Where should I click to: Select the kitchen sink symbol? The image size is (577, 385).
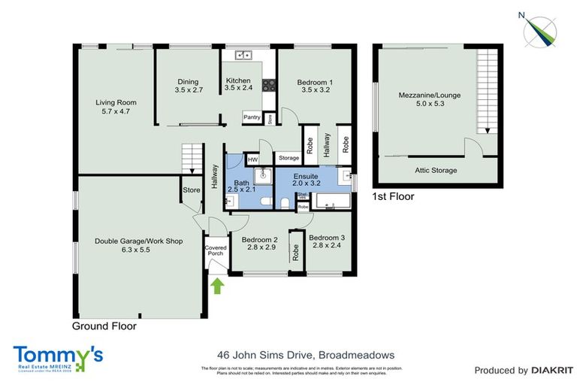243,55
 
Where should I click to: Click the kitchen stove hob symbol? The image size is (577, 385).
267,86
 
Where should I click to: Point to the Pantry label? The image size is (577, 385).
252,117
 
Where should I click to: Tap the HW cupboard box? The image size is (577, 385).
252,159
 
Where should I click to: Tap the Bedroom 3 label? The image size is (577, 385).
328,241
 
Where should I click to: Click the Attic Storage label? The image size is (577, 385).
436,171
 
